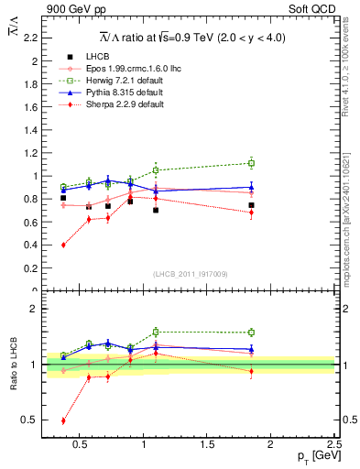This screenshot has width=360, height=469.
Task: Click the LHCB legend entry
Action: pyautogui.click(x=97, y=57)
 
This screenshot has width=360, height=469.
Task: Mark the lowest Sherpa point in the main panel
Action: pyautogui.click(x=63, y=245)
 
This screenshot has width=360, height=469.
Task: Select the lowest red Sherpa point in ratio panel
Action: pyautogui.click(x=63, y=420)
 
